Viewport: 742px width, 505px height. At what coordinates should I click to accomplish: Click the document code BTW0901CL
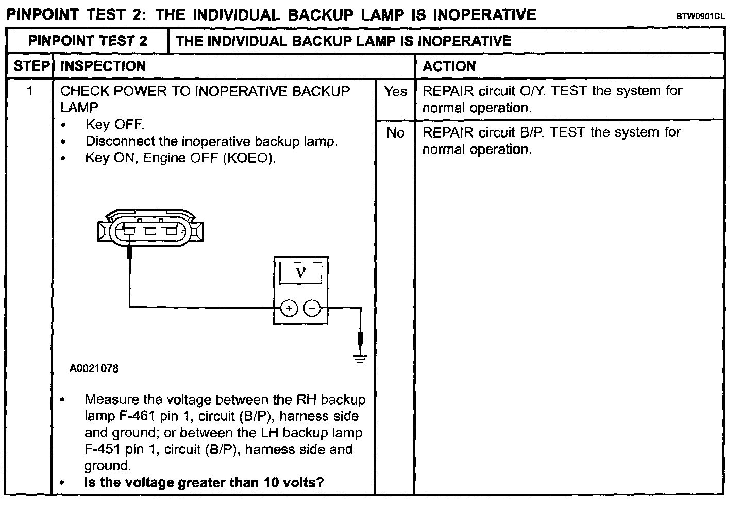pos(700,16)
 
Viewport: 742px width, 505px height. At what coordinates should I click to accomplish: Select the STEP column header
pos(30,66)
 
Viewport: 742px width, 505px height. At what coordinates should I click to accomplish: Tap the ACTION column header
pos(449,66)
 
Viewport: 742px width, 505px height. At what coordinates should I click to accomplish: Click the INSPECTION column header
pos(103,66)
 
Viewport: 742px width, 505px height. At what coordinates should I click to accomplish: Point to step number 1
pos(30,91)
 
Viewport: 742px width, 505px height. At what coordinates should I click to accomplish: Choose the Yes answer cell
pos(395,91)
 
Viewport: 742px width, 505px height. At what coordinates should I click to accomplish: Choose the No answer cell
pos(395,133)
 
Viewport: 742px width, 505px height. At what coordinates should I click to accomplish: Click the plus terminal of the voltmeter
pos(289,309)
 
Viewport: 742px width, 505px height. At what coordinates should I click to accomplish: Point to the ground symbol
pos(361,358)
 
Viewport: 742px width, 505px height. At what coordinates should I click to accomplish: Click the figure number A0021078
pos(94,368)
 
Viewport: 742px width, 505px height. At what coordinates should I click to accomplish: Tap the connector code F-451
pos(103,449)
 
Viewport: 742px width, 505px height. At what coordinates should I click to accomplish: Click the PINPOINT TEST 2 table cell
pos(88,41)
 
